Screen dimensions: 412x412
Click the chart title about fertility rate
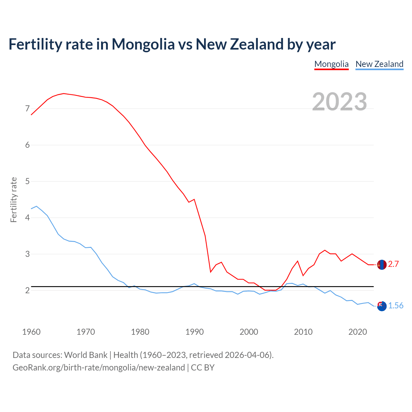[172, 44]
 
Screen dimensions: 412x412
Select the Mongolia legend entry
[331, 64]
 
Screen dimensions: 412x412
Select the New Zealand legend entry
[379, 64]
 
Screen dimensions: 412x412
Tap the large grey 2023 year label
[339, 102]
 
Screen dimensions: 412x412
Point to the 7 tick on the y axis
[27, 108]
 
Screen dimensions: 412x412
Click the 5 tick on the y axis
[27, 181]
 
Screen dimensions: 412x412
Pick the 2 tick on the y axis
[27, 290]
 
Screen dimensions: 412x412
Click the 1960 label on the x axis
[31, 332]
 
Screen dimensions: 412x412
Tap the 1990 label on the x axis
[194, 332]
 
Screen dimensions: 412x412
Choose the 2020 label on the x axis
[358, 332]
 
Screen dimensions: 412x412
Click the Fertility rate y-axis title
[14, 200]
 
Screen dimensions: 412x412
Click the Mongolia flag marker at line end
[382, 265]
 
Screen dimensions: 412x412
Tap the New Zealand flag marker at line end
[382, 306]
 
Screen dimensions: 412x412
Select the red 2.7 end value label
[393, 264]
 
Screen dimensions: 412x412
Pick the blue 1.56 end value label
[396, 306]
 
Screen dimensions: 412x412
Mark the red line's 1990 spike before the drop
[194, 199]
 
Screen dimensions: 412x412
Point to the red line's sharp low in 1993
[211, 272]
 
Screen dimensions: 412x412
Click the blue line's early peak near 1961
[36, 206]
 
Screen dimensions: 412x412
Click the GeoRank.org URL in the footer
[98, 368]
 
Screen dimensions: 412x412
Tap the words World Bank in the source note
[86, 355]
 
